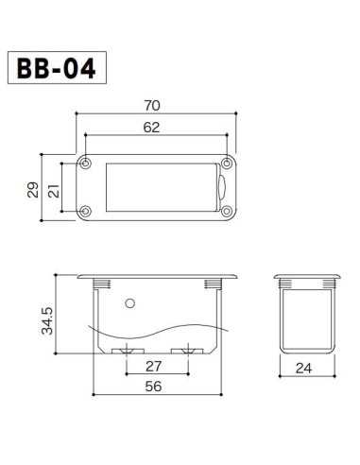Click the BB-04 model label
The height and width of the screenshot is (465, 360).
point(55,71)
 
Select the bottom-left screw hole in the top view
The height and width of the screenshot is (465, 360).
point(88,211)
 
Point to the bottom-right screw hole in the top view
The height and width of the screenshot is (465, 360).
point(227,211)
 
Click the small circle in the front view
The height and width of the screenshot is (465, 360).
point(130,303)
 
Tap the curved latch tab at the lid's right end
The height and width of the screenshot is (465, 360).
point(218,187)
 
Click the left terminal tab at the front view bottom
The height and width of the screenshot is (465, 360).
point(123,351)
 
